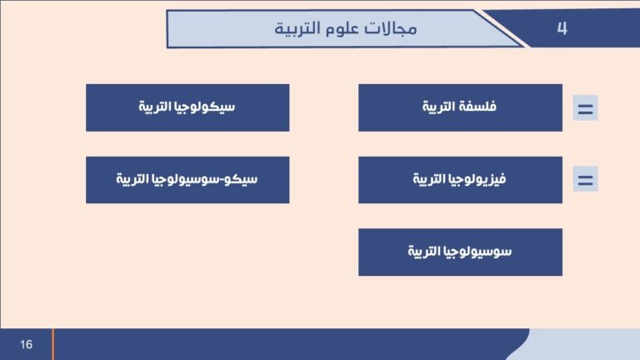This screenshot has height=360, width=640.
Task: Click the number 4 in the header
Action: pos(562,28)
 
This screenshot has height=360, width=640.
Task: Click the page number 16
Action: pos(27,344)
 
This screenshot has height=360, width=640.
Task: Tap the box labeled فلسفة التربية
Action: pos(460,107)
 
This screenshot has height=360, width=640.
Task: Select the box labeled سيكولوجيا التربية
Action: pos(187,107)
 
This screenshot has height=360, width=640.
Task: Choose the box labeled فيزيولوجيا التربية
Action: pos(460,179)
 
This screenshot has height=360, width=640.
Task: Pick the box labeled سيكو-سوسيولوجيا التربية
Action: pos(187,179)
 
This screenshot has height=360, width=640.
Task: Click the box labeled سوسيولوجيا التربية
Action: pos(460,252)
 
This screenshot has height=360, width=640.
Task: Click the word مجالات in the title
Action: pos(397,29)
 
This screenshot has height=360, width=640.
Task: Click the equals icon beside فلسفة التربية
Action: pos(585,108)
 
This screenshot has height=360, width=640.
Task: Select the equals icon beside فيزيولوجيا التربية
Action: pos(585,179)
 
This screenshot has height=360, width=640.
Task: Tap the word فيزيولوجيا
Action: pos(478,179)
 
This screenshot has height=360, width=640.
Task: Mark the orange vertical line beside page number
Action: pos(53,344)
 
